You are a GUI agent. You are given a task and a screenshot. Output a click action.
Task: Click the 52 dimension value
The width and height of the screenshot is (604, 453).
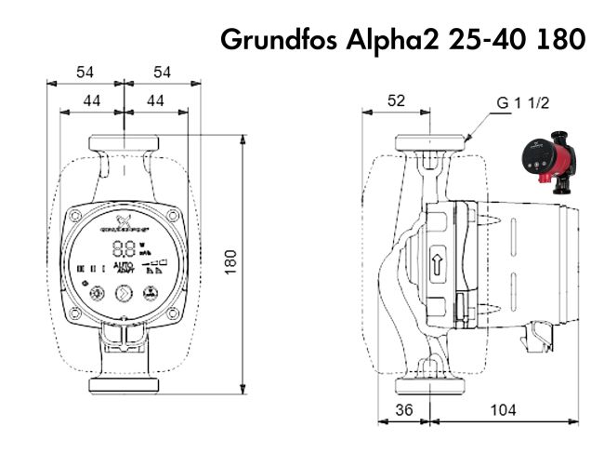click(x=397, y=100)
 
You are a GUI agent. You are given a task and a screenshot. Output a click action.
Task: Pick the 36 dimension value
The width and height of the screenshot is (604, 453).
click(x=404, y=410)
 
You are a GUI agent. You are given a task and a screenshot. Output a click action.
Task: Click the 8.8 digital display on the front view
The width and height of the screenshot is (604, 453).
click(x=124, y=249)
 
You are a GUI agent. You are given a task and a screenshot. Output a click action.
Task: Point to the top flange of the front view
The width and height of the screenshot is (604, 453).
click(x=124, y=144)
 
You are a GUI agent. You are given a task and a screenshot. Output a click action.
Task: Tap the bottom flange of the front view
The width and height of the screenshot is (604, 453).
click(x=124, y=384)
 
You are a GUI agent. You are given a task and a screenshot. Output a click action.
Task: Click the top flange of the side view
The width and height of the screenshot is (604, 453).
click(x=430, y=143)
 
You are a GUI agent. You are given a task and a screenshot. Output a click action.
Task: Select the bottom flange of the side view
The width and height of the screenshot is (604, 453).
click(x=430, y=385)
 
